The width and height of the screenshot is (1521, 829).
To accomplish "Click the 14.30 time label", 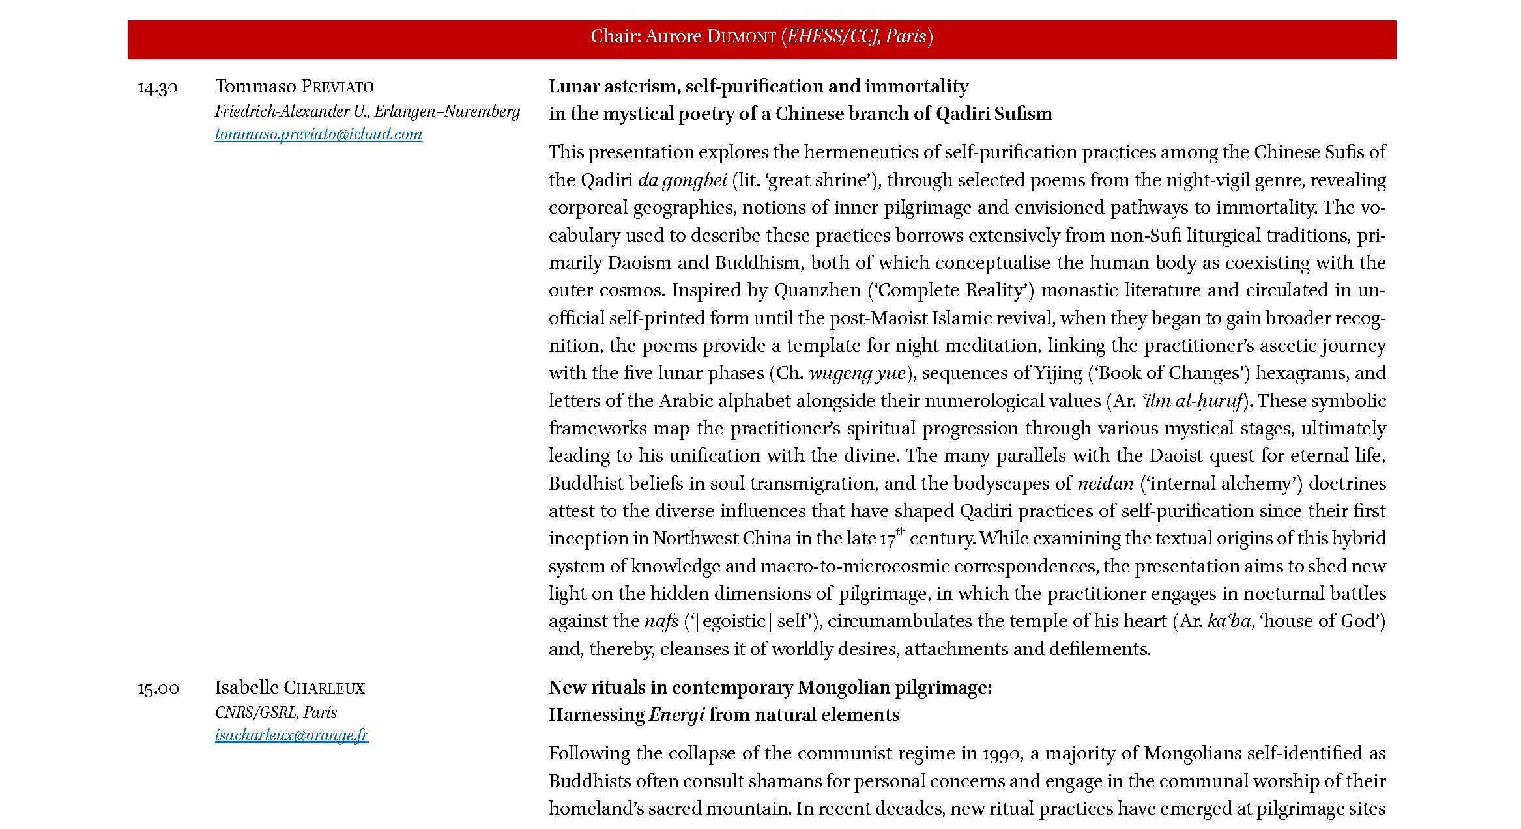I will (158, 87).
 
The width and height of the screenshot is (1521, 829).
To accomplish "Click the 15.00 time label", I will (158, 688).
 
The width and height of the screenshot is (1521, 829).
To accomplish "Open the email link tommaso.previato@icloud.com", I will (319, 134).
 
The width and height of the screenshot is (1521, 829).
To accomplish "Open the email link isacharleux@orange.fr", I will (291, 735).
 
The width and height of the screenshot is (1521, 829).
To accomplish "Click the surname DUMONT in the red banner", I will (741, 36).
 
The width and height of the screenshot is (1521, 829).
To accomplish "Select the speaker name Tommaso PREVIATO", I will (295, 87).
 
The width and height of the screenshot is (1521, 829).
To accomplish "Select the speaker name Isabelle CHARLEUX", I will (290, 688).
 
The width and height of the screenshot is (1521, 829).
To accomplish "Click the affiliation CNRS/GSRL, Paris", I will (276, 712).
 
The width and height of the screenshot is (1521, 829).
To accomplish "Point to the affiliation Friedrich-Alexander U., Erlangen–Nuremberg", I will (368, 111).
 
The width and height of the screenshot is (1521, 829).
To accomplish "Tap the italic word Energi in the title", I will (676, 715).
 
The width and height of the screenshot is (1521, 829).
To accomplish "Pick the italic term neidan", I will (1105, 484).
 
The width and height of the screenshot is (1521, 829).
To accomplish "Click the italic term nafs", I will (661, 621).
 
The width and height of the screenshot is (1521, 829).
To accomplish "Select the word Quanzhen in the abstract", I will (817, 290).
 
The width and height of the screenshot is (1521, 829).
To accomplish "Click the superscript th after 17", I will (901, 531).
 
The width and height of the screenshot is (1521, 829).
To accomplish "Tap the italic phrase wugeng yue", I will (857, 373).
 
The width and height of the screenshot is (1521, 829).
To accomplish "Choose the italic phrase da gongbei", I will (682, 180).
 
